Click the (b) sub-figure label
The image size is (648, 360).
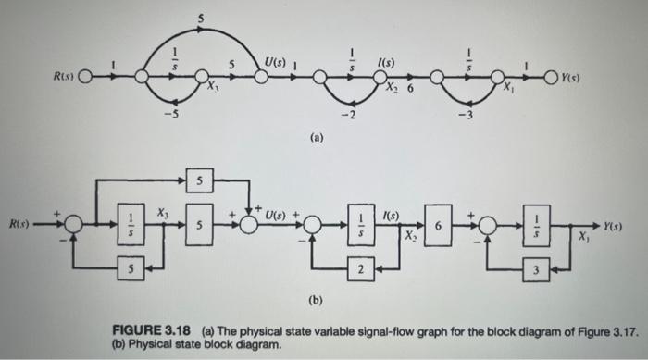tap(316, 300)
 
